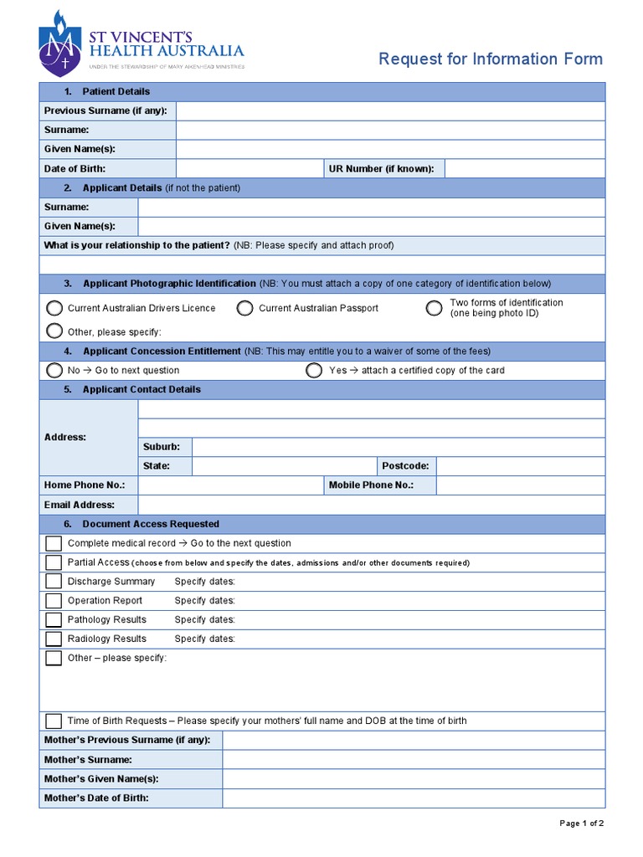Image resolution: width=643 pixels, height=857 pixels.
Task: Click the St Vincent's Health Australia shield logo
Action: tap(59, 44)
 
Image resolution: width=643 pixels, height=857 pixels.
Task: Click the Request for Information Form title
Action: tap(491, 59)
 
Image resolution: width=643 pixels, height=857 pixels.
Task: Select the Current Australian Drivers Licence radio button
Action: tap(55, 308)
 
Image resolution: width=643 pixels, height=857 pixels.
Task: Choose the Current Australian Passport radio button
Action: tap(244, 308)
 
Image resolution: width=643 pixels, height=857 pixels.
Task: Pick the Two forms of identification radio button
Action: tap(434, 308)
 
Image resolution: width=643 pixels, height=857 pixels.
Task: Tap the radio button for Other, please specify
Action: tap(55, 330)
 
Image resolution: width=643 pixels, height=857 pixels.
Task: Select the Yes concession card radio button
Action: tap(314, 370)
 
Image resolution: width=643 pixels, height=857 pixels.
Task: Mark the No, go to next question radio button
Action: tap(55, 370)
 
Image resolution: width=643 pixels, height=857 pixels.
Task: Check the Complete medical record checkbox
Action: tap(54, 544)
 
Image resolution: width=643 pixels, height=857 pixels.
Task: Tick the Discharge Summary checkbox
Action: tap(54, 582)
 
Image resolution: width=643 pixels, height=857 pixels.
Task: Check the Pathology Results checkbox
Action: tap(54, 620)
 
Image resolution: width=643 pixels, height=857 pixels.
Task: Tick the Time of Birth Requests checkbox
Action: tap(54, 721)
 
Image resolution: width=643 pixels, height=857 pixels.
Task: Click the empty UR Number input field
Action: tap(524, 168)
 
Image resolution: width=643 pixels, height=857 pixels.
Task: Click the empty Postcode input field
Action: tap(520, 466)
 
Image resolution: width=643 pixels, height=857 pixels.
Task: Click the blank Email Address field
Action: tap(371, 505)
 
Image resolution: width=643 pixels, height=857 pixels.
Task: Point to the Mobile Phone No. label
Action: tap(371, 485)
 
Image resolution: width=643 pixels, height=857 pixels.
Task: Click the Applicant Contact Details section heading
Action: tap(141, 389)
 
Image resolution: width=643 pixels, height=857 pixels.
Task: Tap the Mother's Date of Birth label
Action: tap(96, 798)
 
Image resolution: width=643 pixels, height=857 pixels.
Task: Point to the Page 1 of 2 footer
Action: tap(581, 824)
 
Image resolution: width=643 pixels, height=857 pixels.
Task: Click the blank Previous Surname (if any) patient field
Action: tap(390, 110)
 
